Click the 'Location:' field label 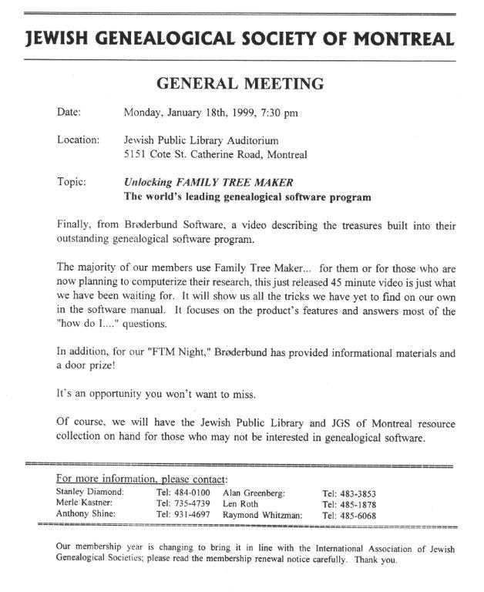pyautogui.click(x=78, y=140)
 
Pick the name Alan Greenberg pyautogui.click(x=254, y=490)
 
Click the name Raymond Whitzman pyautogui.click(x=262, y=514)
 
